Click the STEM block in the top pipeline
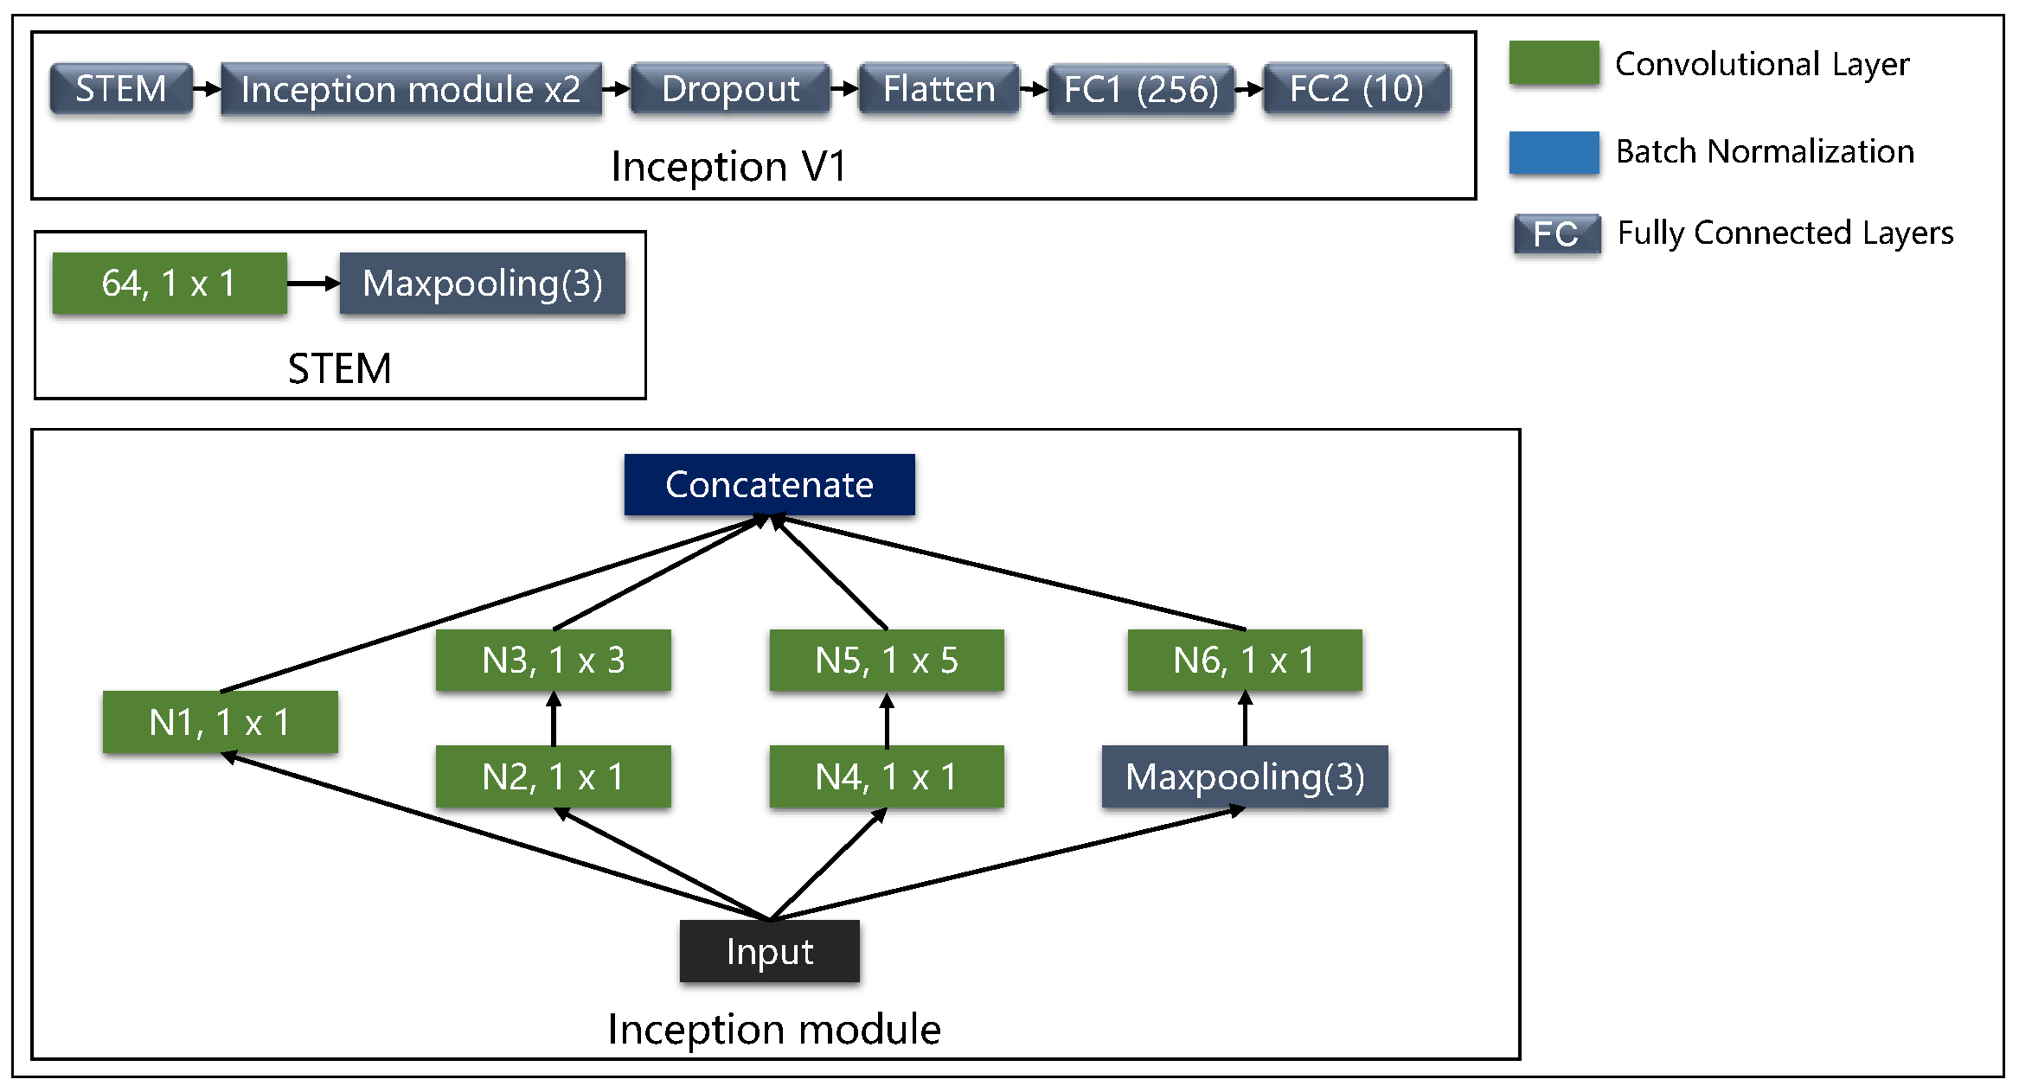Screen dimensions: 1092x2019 pos(121,88)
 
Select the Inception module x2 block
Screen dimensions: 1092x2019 pos(411,89)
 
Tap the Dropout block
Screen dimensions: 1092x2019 pos(730,89)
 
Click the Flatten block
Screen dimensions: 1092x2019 pos(939,89)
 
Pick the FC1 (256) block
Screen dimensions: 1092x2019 pos(1140,89)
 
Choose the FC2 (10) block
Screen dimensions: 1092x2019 pos(1356,89)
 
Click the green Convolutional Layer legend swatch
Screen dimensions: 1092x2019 pos(1554,63)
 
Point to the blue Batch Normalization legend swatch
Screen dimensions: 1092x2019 pos(1554,152)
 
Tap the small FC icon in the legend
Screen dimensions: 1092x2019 pos(1556,234)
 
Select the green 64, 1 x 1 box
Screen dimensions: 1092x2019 pos(170,284)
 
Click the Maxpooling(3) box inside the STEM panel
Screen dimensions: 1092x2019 pos(482,284)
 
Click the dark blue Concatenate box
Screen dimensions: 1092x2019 pos(769,484)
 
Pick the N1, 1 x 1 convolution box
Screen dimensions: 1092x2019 pos(220,722)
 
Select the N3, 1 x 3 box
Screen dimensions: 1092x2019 pos(553,661)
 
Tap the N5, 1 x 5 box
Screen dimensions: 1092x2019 pos(887,661)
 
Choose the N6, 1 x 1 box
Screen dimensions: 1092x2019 pos(1244,661)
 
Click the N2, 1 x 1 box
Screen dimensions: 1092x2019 pos(553,776)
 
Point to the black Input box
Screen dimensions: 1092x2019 pos(769,951)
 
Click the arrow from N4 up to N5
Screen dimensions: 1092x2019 pos(887,719)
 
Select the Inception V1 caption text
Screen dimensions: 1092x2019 pos(728,166)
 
